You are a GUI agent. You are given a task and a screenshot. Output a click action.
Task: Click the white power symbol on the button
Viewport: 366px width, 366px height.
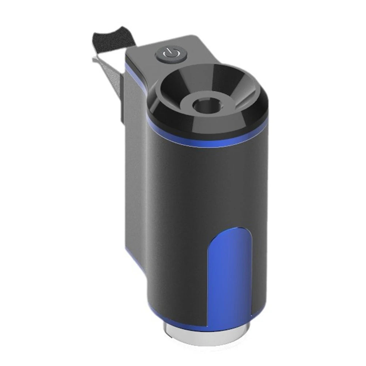point(171,54)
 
